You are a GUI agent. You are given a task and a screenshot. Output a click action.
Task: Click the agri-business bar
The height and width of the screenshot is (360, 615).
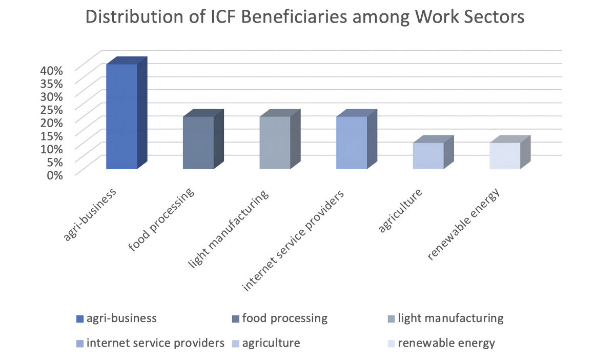click(121, 116)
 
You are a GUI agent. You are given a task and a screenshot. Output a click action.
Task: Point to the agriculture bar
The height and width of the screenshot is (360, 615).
click(428, 156)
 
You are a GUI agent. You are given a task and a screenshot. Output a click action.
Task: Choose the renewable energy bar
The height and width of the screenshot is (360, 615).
click(505, 156)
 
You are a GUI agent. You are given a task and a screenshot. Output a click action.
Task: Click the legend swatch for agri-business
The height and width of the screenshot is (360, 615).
click(79, 319)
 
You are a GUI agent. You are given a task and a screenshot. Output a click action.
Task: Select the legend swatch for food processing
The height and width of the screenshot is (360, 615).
click(235, 319)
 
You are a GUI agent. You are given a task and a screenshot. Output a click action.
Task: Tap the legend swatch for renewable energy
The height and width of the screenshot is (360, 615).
click(391, 343)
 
